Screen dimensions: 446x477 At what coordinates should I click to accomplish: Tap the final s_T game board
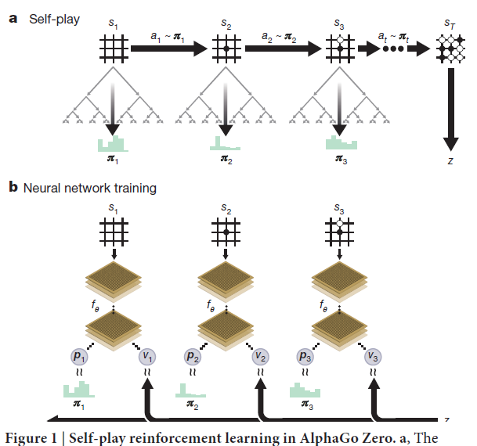pyautogui.click(x=450, y=49)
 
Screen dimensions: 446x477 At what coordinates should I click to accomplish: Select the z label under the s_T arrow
pyautogui.click(x=450, y=161)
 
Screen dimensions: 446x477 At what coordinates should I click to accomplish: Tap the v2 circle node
pyautogui.click(x=259, y=356)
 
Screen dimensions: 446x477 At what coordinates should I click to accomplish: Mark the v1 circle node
pyautogui.click(x=146, y=356)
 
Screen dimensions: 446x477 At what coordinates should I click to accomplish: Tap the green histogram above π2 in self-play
pyautogui.click(x=225, y=143)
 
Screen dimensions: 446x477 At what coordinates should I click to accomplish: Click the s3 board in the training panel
pyautogui.click(x=339, y=232)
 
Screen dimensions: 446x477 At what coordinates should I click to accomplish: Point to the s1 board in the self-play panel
pyautogui.click(x=112, y=49)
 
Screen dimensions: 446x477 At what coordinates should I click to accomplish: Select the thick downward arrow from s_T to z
pyautogui.click(x=450, y=110)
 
